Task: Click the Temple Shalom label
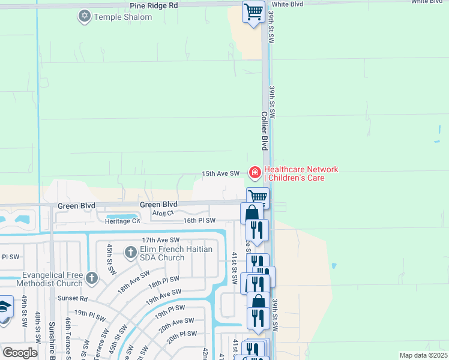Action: [x=122, y=17]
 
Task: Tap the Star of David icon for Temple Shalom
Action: [x=85, y=16]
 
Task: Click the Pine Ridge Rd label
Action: [x=154, y=5]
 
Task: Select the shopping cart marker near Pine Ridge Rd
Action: [x=253, y=11]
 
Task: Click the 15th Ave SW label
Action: [x=220, y=173]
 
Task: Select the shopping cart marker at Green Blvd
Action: [x=258, y=196]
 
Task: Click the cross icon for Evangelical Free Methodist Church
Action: [x=91, y=277]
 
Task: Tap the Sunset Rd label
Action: [x=73, y=298]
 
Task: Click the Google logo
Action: [x=20, y=353]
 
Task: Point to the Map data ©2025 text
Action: [x=423, y=355]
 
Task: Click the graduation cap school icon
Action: [x=4, y=306]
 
